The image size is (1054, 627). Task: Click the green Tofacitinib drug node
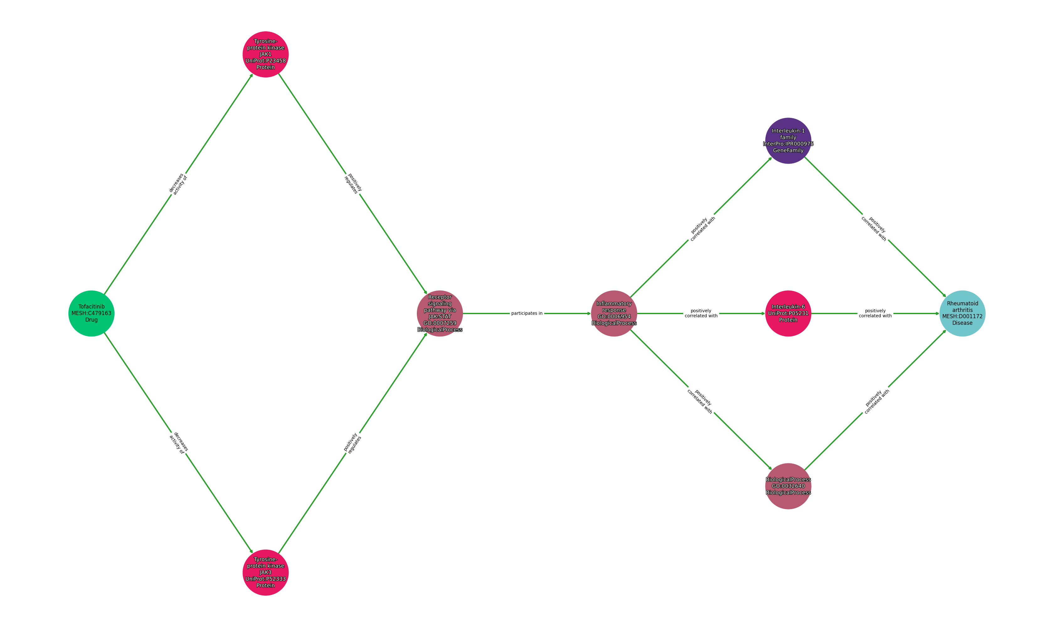(x=91, y=313)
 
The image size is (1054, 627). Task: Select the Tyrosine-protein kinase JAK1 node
(x=265, y=54)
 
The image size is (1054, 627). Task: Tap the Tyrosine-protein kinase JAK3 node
(x=265, y=572)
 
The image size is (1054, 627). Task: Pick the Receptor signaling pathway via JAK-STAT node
(x=440, y=313)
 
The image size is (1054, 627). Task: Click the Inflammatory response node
(x=614, y=313)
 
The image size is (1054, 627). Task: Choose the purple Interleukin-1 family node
(x=788, y=141)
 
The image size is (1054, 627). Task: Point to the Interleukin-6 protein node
(x=788, y=313)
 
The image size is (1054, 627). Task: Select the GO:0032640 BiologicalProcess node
(x=788, y=486)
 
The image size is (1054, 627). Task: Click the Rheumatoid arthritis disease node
(x=962, y=313)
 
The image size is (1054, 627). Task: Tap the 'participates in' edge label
(x=527, y=313)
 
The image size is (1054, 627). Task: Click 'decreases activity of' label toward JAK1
(x=178, y=183)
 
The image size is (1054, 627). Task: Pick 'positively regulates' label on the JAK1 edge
(x=353, y=183)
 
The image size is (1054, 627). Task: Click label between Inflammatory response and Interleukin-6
(x=701, y=313)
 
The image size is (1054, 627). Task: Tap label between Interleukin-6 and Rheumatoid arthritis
(x=875, y=313)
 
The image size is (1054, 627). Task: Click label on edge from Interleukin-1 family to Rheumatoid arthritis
(x=874, y=229)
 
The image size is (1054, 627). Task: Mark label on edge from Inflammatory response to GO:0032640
(x=700, y=401)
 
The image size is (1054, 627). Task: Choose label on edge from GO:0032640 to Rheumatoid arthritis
(x=876, y=401)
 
